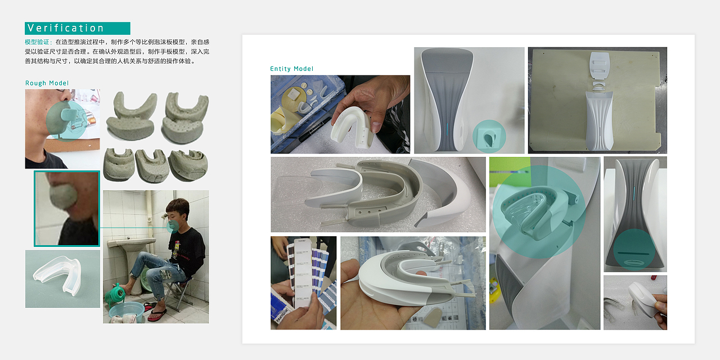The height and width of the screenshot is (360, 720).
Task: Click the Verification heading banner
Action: click(x=78, y=28)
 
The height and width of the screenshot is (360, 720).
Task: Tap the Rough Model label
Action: click(x=47, y=83)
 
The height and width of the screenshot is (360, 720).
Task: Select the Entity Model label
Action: click(x=291, y=69)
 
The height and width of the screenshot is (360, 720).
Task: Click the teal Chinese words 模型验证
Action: click(x=37, y=42)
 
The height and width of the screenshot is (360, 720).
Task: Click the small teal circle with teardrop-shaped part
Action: click(x=489, y=136)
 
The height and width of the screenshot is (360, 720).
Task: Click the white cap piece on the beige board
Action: click(x=600, y=66)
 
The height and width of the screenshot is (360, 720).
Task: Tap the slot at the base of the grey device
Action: click(x=634, y=254)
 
